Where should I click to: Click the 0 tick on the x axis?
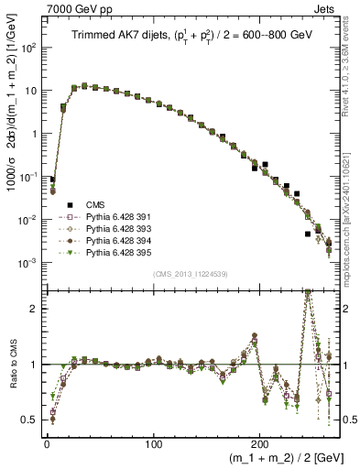[47, 439]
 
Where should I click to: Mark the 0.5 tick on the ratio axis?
[33, 420]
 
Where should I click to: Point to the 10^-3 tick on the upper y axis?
[31, 263]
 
